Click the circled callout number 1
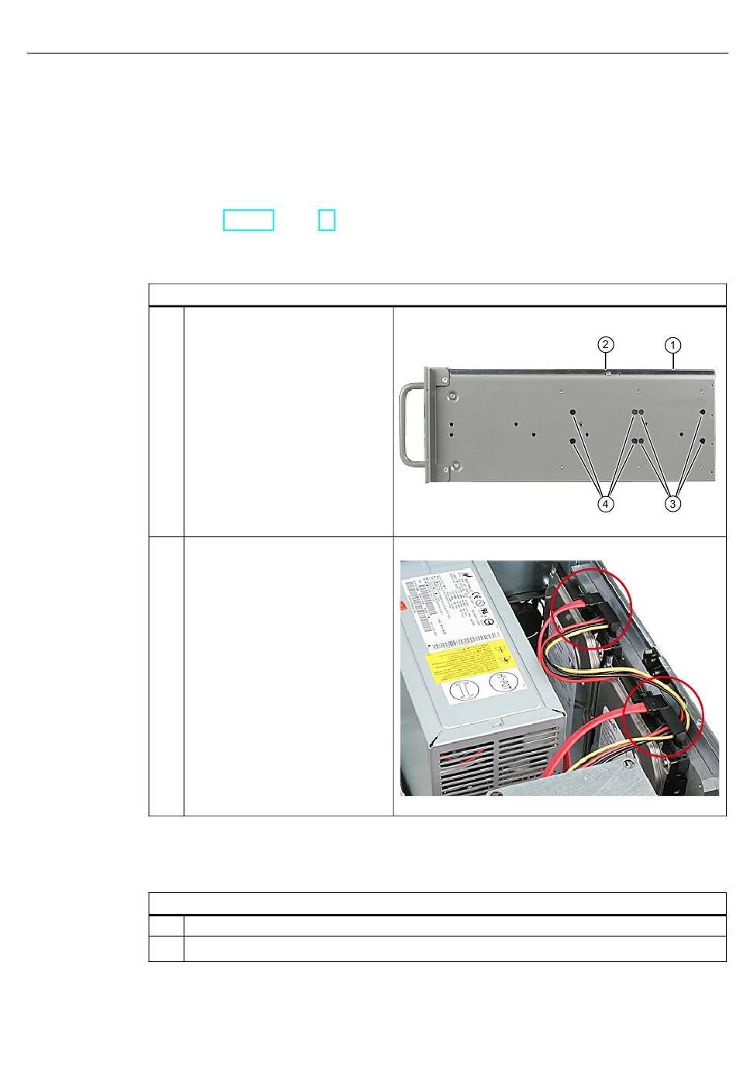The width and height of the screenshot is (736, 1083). [674, 343]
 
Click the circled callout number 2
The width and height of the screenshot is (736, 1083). [607, 343]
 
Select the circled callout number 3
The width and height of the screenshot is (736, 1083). [673, 504]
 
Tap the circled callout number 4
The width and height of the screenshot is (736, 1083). [607, 504]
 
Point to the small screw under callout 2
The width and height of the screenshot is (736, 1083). [609, 373]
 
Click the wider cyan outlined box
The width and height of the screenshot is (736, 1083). [249, 220]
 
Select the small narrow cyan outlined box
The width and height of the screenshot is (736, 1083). [327, 220]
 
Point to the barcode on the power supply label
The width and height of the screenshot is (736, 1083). [419, 617]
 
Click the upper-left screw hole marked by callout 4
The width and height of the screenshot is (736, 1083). [573, 413]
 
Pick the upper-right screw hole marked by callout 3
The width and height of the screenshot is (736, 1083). [702, 413]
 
